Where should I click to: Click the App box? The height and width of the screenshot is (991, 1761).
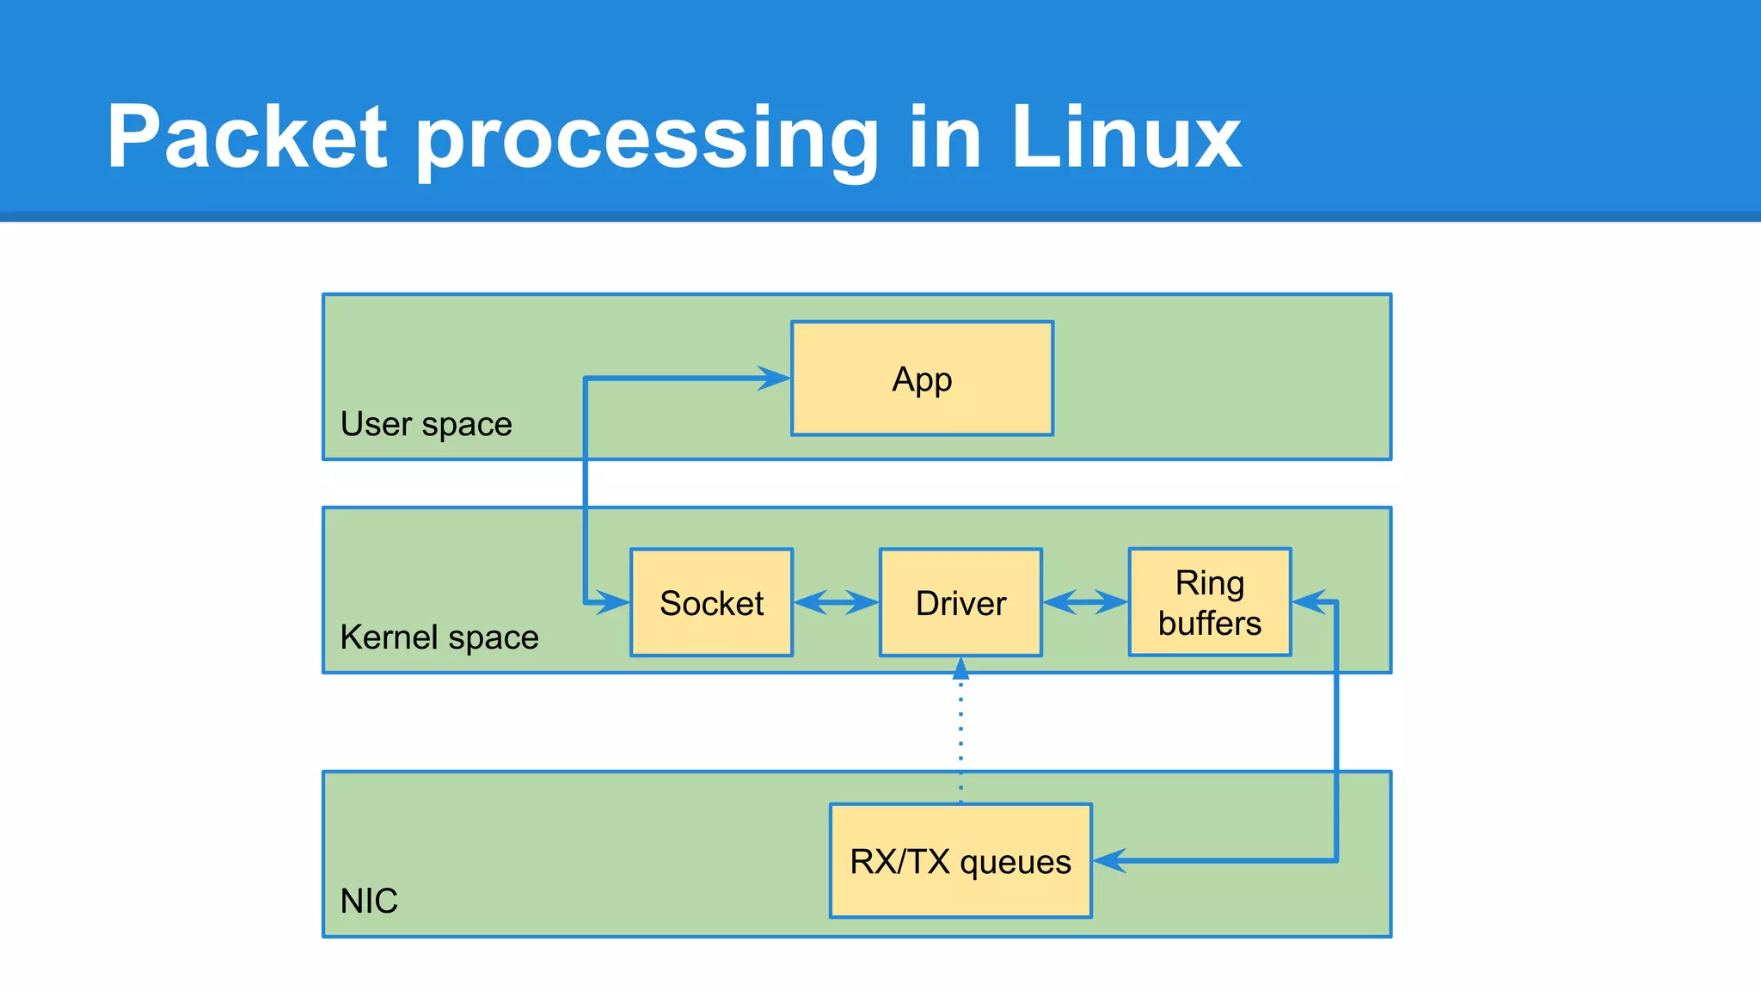pyautogui.click(x=922, y=379)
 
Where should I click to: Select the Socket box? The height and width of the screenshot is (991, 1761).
pyautogui.click(x=711, y=602)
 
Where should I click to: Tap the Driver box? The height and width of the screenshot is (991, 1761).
pyautogui.click(x=960, y=602)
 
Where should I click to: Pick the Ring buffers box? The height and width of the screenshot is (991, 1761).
pyautogui.click(x=1209, y=602)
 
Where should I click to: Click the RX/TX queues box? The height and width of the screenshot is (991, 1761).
pyautogui.click(x=960, y=861)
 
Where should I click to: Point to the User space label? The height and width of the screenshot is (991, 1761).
pyautogui.click(x=426, y=424)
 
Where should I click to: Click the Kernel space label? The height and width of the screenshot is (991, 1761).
pyautogui.click(x=439, y=637)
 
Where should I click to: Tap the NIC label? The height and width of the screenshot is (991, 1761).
pyautogui.click(x=369, y=901)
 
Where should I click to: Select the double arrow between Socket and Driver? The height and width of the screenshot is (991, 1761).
pyautogui.click(x=836, y=602)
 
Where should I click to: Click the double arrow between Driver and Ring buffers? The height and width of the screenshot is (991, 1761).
pyautogui.click(x=1085, y=602)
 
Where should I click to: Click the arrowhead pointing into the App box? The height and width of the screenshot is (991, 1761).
pyautogui.click(x=774, y=378)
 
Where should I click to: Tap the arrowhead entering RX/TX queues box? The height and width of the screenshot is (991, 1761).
pyautogui.click(x=1110, y=860)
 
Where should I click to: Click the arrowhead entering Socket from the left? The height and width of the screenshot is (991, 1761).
pyautogui.click(x=612, y=601)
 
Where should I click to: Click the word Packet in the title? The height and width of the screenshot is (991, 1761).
pyautogui.click(x=247, y=138)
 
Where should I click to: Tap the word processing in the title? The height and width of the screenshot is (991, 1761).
pyautogui.click(x=647, y=142)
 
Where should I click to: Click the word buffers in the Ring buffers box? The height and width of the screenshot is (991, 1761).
pyautogui.click(x=1209, y=623)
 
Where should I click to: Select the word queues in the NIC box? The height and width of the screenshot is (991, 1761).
pyautogui.click(x=1015, y=863)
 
